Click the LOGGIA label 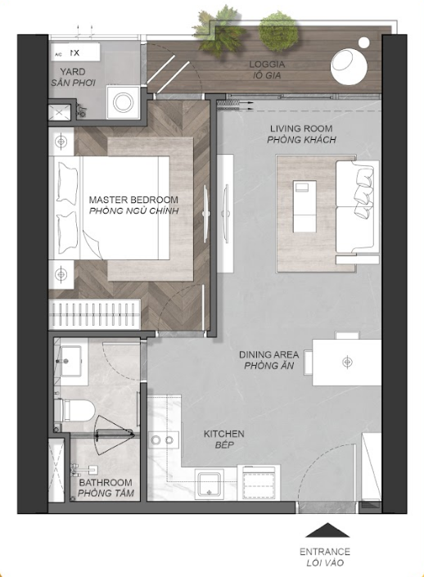point(267,65)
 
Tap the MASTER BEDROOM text point(133,200)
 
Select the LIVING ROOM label point(301,128)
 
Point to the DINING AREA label point(268,354)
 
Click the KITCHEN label point(223,434)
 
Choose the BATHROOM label point(106,482)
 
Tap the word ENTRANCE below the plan point(325,552)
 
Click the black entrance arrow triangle point(327,530)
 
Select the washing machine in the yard point(124,102)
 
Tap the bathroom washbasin point(71,361)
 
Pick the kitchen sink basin point(210,484)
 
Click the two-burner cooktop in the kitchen point(164,440)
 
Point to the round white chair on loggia point(349,66)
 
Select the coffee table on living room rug point(304,206)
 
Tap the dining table point(346,363)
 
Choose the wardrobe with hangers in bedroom point(95,314)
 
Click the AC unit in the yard point(74,52)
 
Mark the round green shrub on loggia point(278,29)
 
